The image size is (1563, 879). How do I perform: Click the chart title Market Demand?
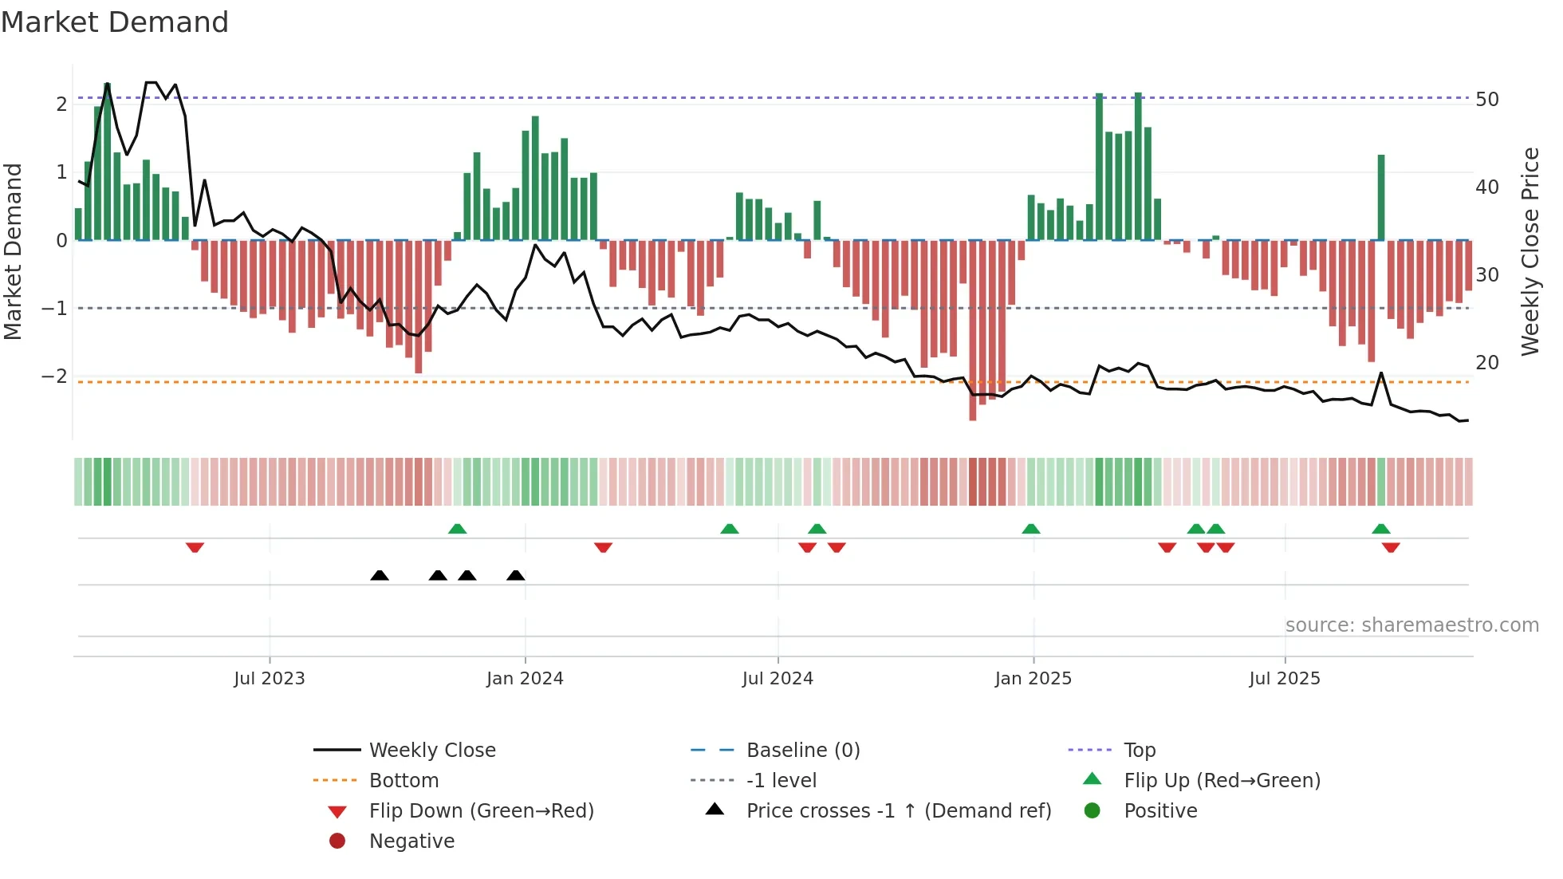115,22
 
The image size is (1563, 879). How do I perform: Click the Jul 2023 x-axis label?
269,679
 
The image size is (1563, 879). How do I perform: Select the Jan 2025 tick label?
1033,679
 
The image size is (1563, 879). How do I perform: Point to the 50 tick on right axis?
1486,100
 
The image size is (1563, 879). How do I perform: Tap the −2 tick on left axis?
55,376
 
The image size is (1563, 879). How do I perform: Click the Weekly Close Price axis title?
1530,251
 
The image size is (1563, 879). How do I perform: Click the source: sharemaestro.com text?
1411,625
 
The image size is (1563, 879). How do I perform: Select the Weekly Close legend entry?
431,751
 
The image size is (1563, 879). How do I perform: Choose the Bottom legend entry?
404,781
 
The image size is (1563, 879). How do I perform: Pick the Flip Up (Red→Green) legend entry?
1222,781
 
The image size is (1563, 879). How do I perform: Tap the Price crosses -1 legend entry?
898,811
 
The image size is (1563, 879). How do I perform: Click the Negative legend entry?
411,842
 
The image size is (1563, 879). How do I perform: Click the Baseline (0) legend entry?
802,751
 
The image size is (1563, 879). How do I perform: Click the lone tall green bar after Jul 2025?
1381,198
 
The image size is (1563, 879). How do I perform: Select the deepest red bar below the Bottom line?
973,331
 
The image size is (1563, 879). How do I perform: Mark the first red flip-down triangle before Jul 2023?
195,547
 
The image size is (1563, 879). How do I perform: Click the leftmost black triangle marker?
380,575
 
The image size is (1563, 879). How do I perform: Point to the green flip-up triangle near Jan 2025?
1031,529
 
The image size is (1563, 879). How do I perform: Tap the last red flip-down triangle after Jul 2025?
1391,547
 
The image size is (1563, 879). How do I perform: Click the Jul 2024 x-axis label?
778,679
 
